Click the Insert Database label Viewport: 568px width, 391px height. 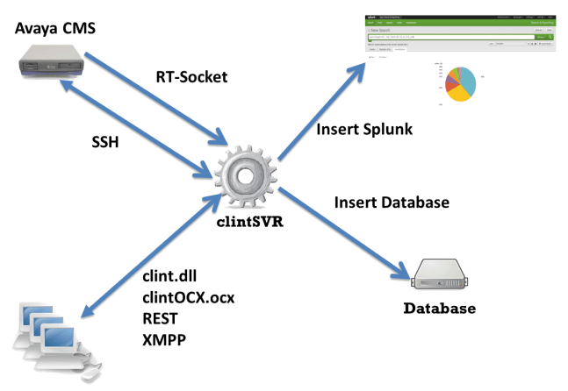392,203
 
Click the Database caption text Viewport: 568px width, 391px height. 440,309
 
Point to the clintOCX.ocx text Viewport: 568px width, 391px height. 188,297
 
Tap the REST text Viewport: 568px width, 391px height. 162,316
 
